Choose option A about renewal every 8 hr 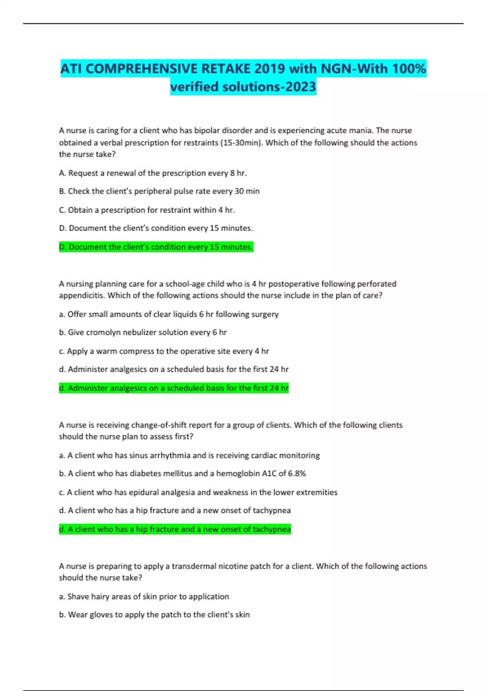153,173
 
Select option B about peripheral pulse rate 159,191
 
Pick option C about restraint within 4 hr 147,210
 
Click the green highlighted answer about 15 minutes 156,247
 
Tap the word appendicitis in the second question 81,296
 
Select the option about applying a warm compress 164,351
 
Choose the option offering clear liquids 169,314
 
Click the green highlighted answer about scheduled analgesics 174,388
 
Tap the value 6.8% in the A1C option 297,474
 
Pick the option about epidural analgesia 198,492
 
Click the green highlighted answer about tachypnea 175,529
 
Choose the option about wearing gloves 154,615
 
